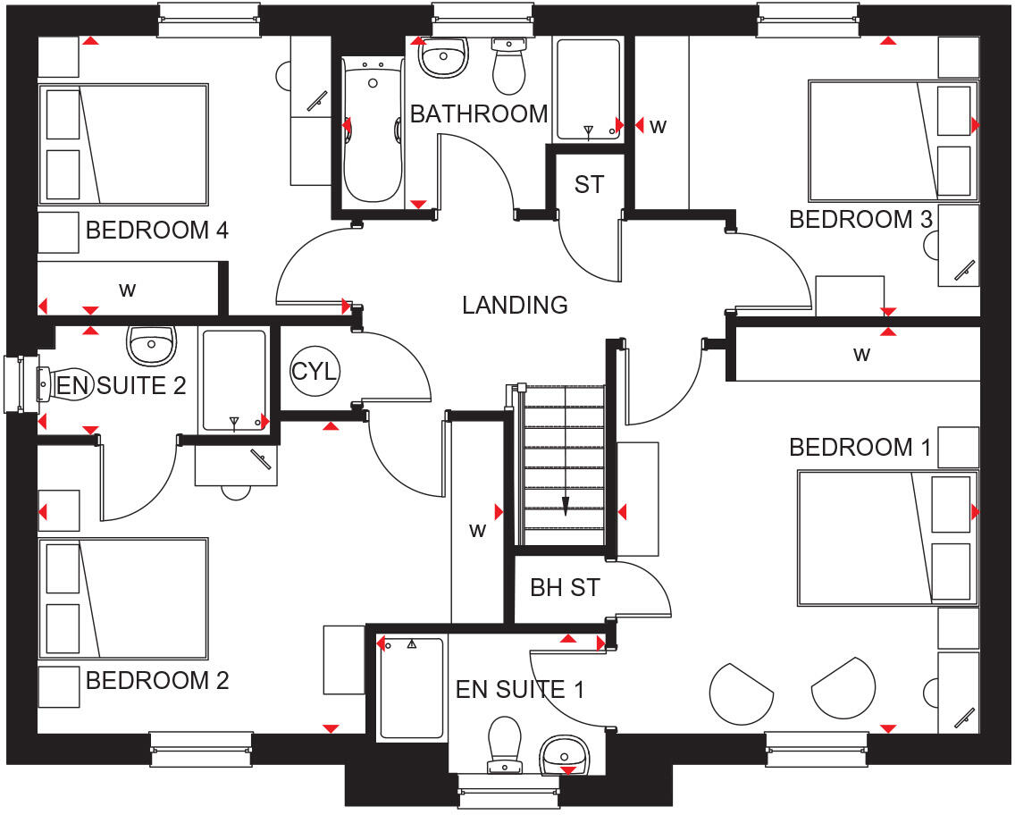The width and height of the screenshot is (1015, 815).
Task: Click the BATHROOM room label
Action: [x=479, y=113]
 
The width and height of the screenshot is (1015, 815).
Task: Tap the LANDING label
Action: [x=515, y=305]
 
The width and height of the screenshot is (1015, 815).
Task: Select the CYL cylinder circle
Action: [x=314, y=372]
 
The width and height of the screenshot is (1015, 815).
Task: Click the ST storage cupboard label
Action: [x=589, y=185]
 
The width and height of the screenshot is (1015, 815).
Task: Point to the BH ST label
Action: [x=565, y=588]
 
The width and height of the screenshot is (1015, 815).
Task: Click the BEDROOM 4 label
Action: [x=157, y=230]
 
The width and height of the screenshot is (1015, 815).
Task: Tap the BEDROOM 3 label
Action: [x=860, y=220]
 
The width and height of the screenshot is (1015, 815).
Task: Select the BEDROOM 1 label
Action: [x=860, y=448]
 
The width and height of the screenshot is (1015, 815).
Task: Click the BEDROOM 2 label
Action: [x=157, y=680]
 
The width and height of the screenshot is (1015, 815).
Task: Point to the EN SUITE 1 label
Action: [x=520, y=689]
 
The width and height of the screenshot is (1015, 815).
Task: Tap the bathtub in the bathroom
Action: [x=373, y=130]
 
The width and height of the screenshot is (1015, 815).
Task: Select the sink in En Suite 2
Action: [x=152, y=345]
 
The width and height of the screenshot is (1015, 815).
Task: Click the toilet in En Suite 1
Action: [x=504, y=745]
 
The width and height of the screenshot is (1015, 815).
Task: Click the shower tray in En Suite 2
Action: [x=234, y=381]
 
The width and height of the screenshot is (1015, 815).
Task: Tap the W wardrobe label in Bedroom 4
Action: [x=128, y=290]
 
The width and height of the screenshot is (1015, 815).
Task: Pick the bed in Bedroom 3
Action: [x=893, y=140]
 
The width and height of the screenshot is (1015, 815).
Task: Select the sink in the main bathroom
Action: [x=443, y=57]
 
